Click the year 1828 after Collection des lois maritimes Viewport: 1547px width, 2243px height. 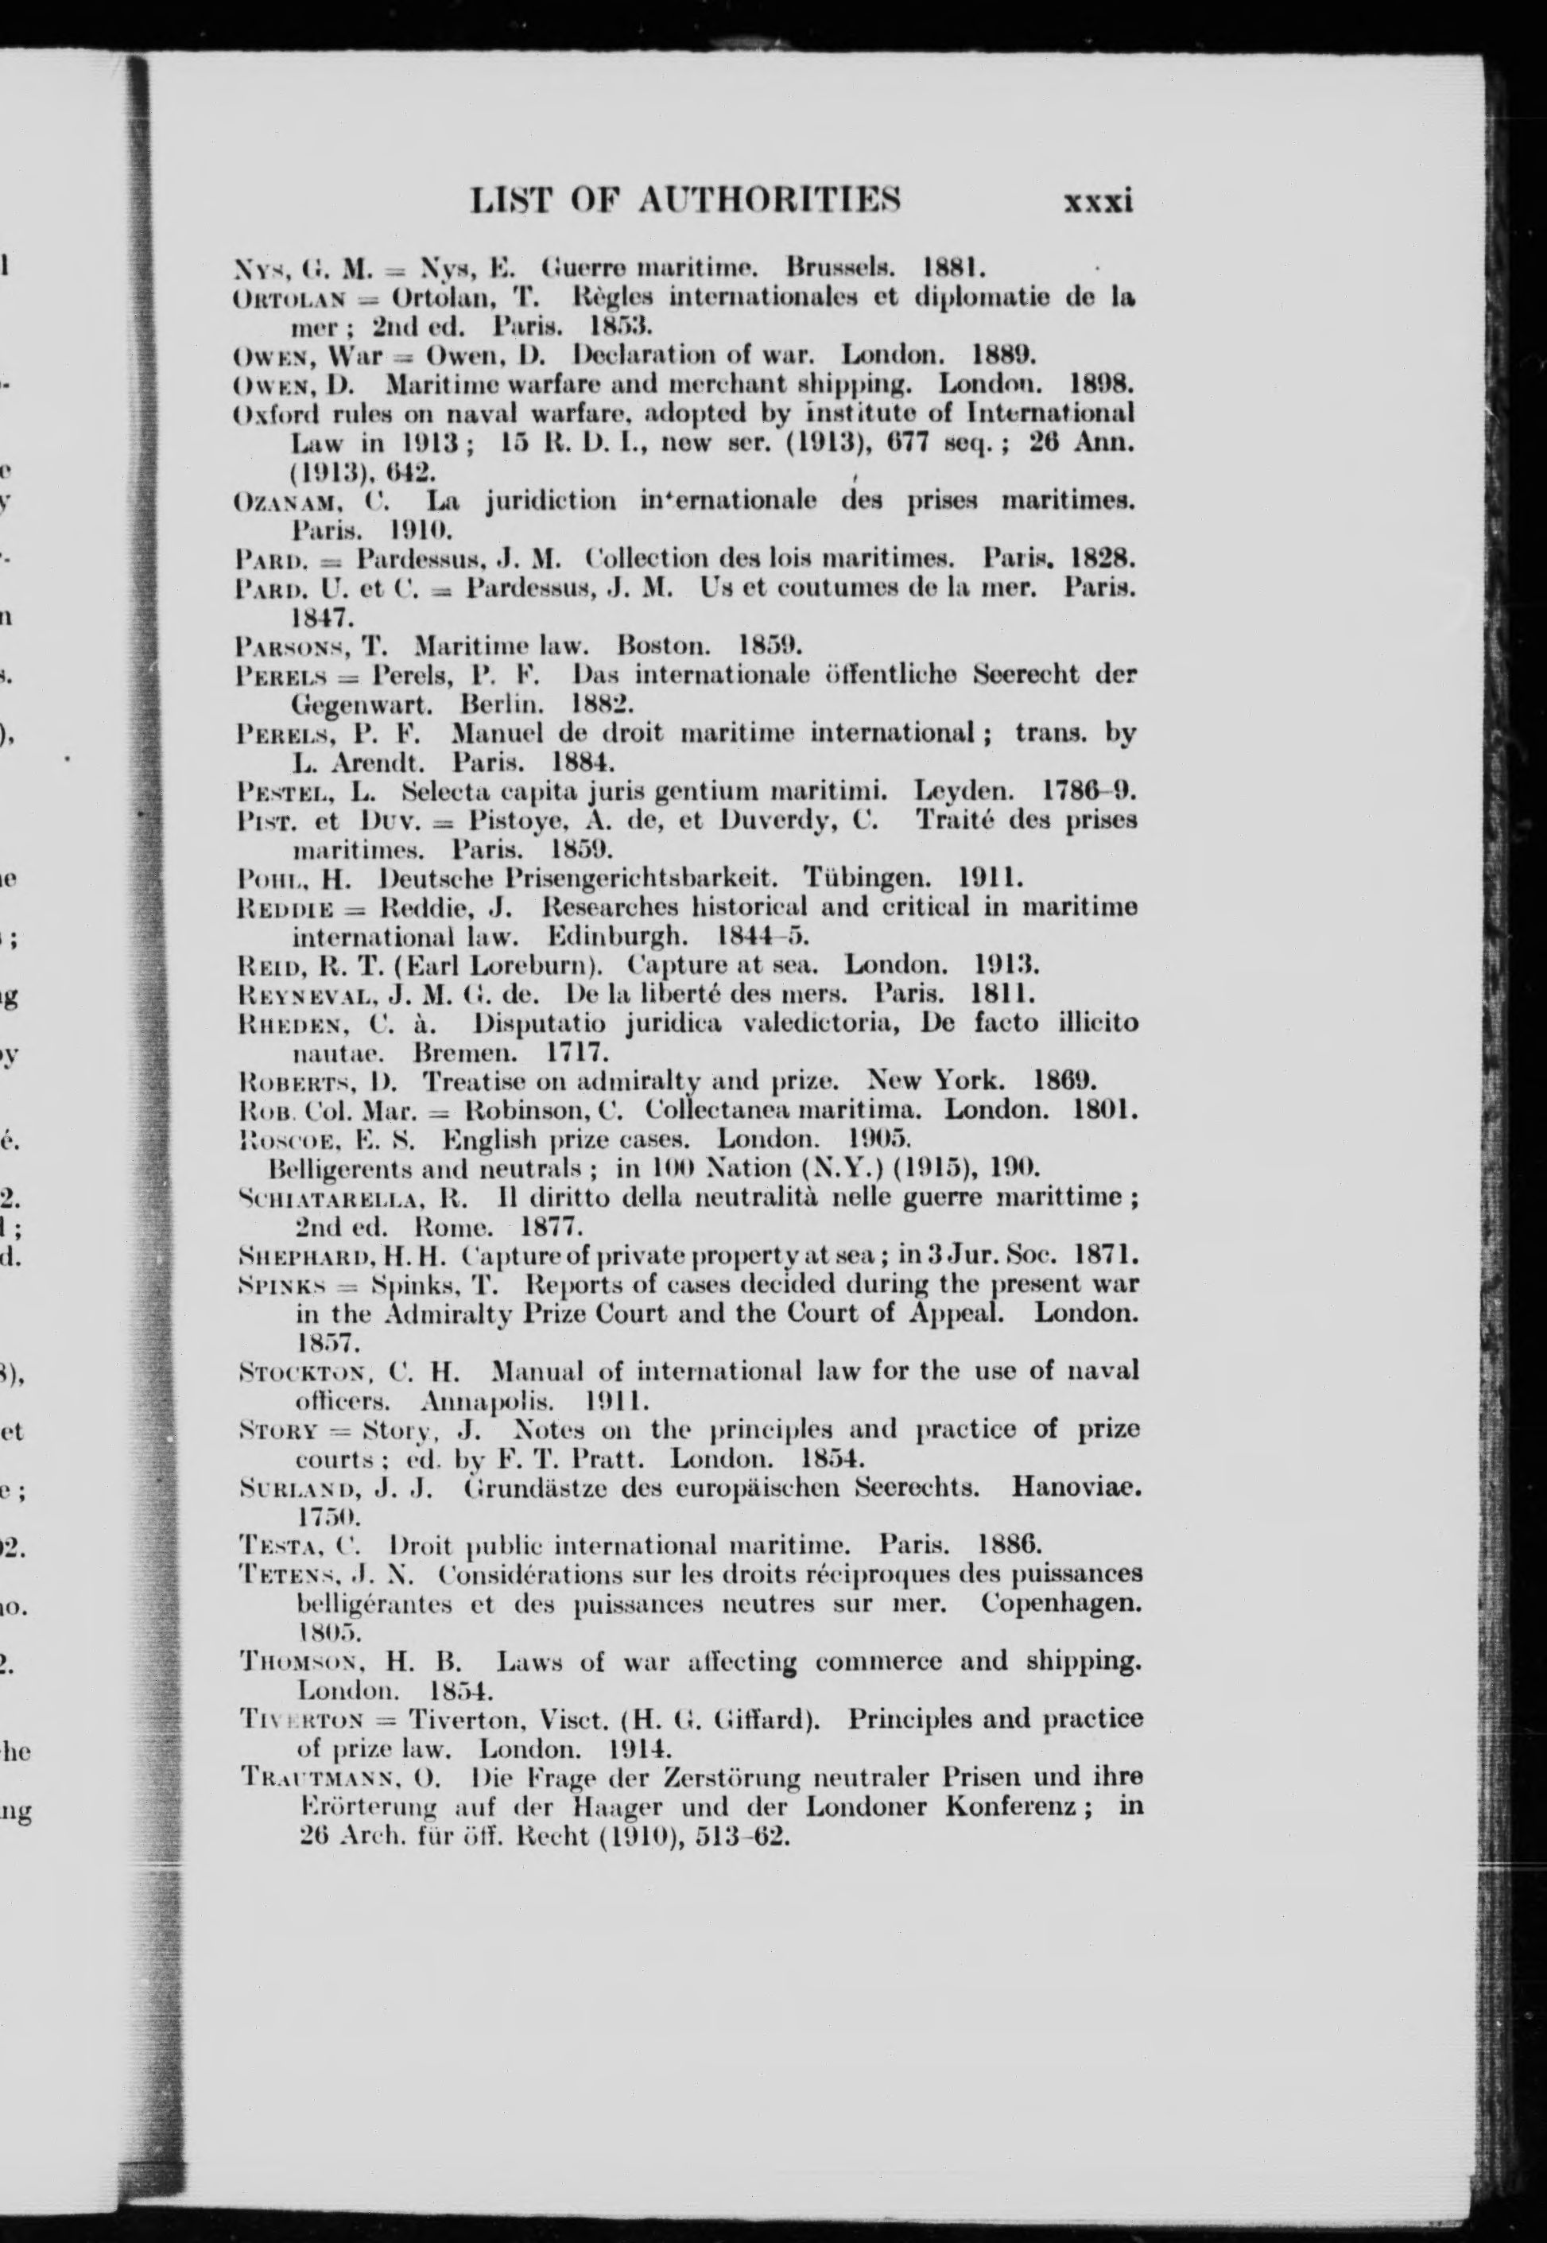1103,559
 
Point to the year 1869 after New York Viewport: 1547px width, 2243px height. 1061,1080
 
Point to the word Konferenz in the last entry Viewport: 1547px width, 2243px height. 1018,1806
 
